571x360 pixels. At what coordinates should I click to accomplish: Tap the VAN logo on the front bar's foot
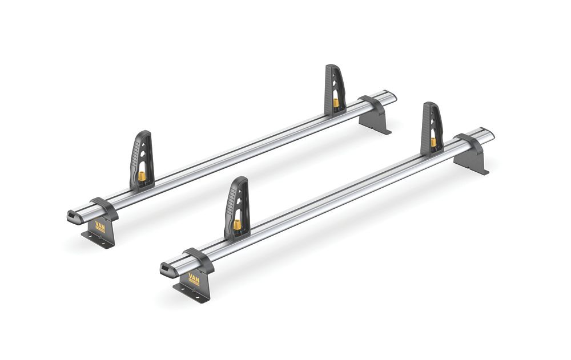(x=194, y=280)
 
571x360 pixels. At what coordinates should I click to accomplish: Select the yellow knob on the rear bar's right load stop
(x=335, y=103)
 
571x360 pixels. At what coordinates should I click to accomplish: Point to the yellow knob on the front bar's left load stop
(x=236, y=224)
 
